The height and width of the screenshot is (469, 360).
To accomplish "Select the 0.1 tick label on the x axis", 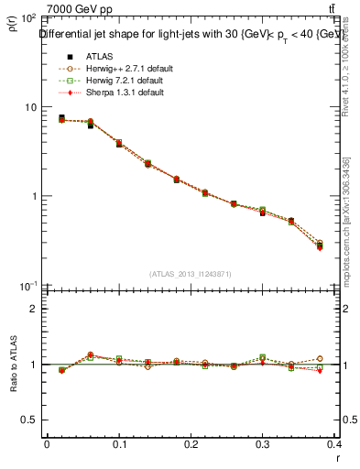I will (119, 443).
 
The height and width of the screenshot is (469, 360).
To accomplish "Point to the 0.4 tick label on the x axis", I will (335, 443).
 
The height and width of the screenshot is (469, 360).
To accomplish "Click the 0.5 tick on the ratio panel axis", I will (29, 420).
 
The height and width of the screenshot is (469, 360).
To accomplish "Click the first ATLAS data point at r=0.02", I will (61, 118).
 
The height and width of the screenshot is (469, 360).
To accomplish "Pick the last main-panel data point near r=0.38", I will (320, 245).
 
